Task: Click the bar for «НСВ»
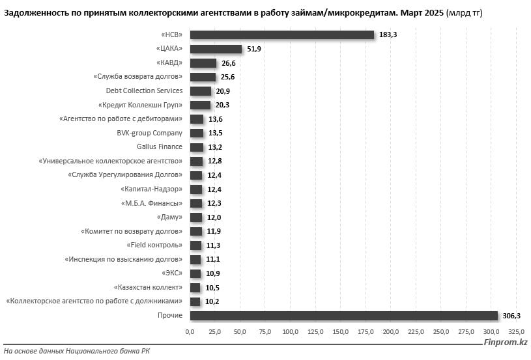pos(282,35)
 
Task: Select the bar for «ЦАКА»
pos(216,49)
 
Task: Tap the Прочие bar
pos(344,316)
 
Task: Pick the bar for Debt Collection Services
pos(201,91)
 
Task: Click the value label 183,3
pos(388,35)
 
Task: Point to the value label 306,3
pos(511,316)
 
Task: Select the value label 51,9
pos(254,49)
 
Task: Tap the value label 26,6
pos(228,63)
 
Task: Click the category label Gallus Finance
pos(160,147)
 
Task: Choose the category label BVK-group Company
pos(150,133)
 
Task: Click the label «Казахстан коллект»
pos(148,288)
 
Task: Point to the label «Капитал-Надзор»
pos(151,189)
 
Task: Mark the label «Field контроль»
pos(154,245)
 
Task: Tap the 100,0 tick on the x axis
pos(290,332)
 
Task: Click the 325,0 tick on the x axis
pos(516,332)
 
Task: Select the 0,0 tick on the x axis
pos(190,332)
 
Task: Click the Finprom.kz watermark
pos(506,342)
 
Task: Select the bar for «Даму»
pos(196,217)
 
